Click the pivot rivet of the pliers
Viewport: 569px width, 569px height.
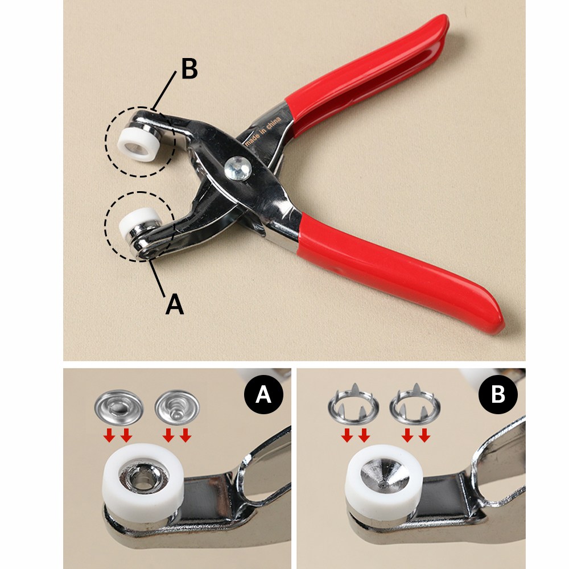tap(238, 168)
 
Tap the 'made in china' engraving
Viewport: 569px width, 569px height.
tap(263, 131)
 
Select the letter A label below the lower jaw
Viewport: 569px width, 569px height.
tap(175, 304)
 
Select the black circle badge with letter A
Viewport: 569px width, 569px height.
tap(263, 394)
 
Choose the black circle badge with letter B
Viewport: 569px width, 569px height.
tap(498, 394)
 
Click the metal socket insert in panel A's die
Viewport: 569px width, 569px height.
tap(144, 476)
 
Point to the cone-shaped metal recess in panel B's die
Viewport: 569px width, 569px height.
tap(385, 474)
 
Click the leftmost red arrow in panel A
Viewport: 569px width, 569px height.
tap(109, 435)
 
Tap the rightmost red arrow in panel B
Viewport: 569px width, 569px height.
tap(424, 435)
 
